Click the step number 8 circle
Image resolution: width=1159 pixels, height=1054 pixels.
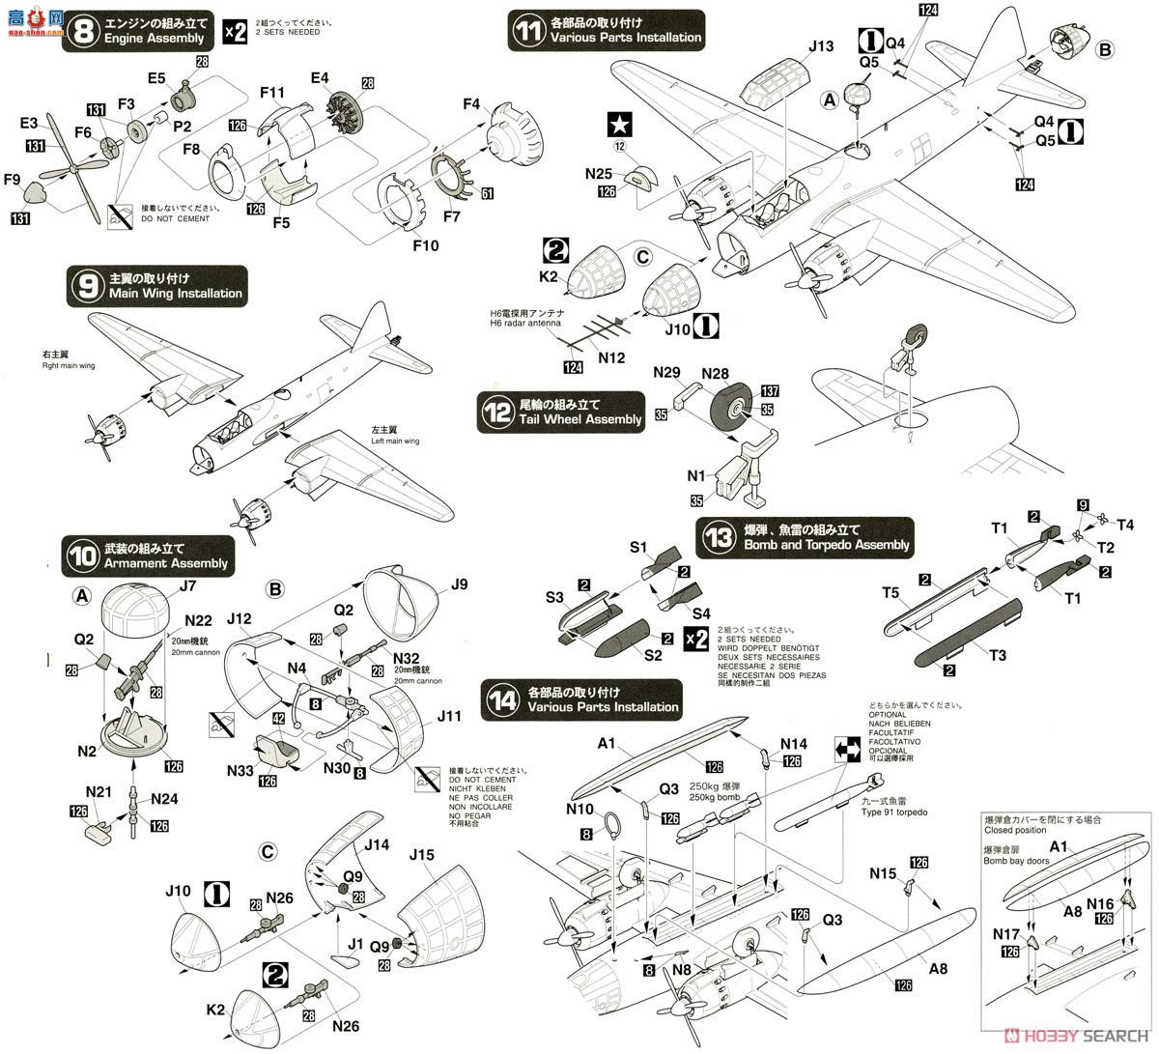[85, 30]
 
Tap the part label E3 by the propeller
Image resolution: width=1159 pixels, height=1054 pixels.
[30, 123]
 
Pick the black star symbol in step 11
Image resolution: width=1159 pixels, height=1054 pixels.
[618, 125]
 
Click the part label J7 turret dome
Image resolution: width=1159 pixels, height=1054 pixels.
[187, 584]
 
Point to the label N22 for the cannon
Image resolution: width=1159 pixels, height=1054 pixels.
[198, 620]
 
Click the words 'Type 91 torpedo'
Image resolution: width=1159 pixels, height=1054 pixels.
[893, 812]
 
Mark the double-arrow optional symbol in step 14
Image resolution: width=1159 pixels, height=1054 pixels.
[847, 749]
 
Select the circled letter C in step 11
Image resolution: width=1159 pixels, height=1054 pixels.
[639, 258]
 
